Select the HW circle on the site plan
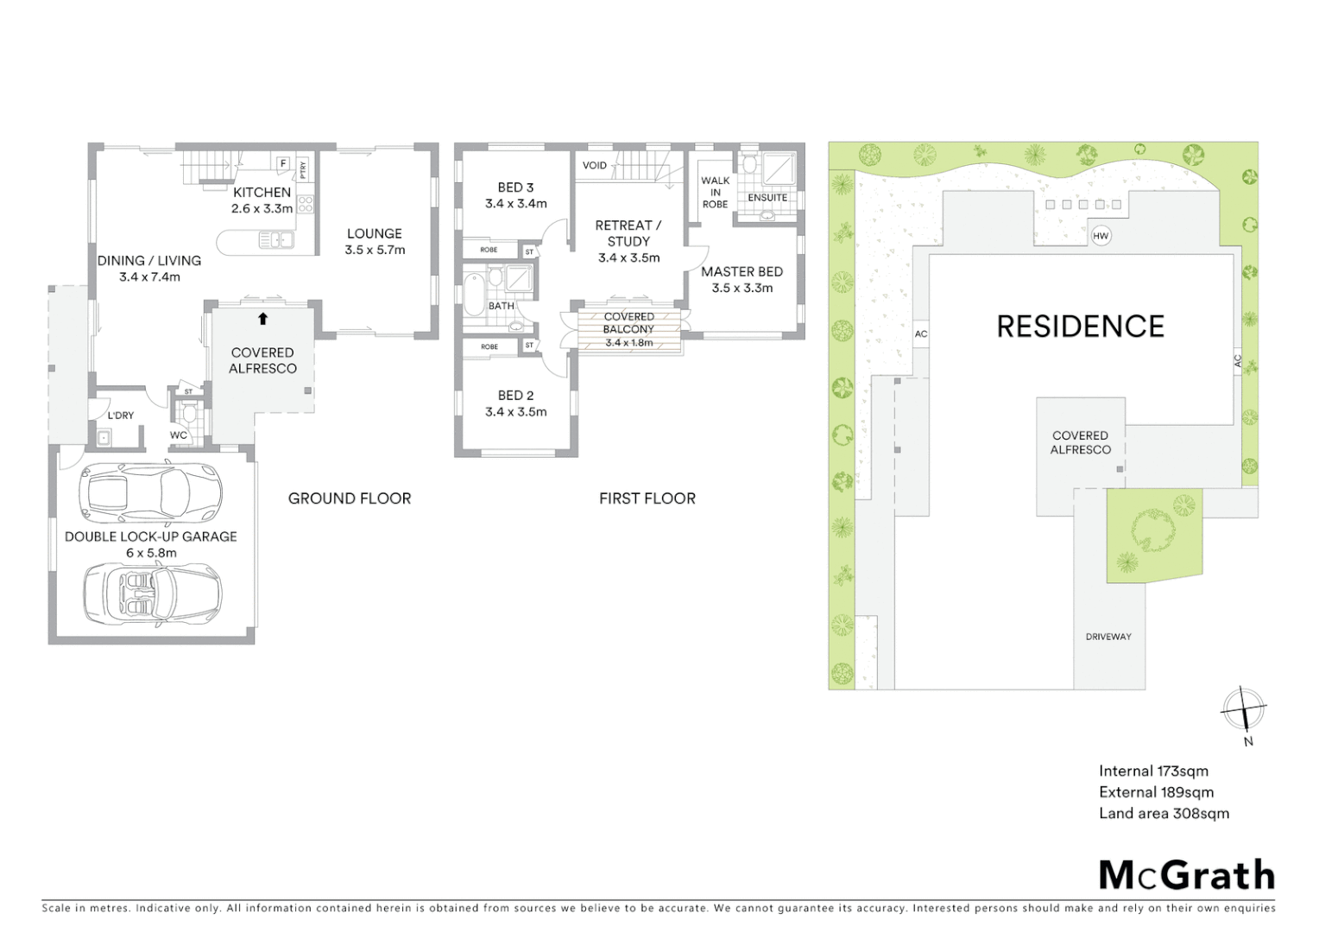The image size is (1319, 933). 1101,236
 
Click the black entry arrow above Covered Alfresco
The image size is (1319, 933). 262,319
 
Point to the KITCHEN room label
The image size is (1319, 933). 262,193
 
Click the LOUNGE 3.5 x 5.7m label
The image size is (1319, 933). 375,241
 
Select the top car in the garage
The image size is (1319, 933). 150,495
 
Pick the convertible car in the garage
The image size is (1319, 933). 152,594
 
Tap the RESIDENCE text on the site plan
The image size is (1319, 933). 1080,327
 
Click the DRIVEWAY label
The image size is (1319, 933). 1108,637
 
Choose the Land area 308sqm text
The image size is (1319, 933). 1164,813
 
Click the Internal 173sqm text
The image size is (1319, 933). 1153,771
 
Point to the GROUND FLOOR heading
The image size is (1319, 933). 350,498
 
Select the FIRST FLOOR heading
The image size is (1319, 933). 647,498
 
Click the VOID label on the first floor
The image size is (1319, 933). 595,165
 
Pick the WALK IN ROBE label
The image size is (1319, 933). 715,193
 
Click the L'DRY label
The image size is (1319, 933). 121,416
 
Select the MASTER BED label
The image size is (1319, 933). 742,271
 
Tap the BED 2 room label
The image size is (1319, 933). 515,396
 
